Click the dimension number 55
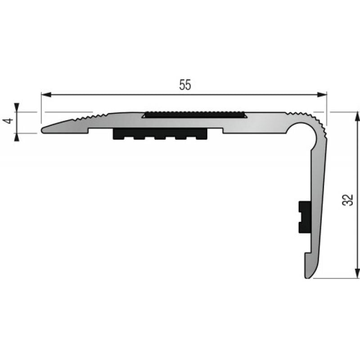click(x=185, y=85)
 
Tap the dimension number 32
click(x=348, y=199)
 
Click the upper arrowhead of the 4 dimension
click(x=17, y=108)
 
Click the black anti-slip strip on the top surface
click(x=194, y=115)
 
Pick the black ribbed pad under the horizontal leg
click(x=160, y=134)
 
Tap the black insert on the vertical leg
click(x=305, y=217)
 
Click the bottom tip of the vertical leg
click(x=308, y=276)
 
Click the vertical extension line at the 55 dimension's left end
click(x=41, y=108)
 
